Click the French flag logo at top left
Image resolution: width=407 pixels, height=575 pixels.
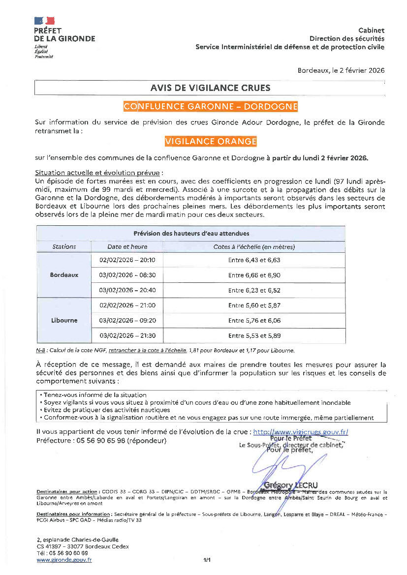44,21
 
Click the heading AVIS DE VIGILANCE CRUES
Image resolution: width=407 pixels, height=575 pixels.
210,88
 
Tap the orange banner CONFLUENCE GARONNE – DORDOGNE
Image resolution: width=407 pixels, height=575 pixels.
210,107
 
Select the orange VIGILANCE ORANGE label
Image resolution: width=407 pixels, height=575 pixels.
211,142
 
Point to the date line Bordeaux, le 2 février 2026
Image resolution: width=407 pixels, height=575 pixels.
341,70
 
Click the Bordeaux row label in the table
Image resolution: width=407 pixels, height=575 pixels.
64,275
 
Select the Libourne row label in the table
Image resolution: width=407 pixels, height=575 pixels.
64,320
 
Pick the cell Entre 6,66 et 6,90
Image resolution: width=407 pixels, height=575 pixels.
254,275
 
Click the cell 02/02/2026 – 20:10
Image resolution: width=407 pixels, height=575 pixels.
127,260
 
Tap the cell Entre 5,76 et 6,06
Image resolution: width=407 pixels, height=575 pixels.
254,320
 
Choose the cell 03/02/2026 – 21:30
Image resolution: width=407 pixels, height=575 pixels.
127,335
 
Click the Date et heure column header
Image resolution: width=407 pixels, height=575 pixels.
127,246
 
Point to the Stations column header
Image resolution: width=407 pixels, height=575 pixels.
64,246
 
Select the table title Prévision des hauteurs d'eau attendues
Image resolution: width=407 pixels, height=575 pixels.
191,233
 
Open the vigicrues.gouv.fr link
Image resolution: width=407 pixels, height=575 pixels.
301,432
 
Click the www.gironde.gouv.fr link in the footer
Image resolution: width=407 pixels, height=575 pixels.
64,560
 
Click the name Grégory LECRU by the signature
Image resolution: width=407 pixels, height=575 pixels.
291,485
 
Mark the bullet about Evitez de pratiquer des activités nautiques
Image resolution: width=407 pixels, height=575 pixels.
106,410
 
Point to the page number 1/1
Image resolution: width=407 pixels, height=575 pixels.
207,560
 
